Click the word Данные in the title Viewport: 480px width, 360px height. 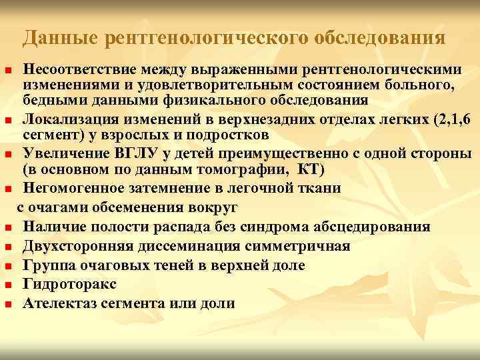pos(57,39)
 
